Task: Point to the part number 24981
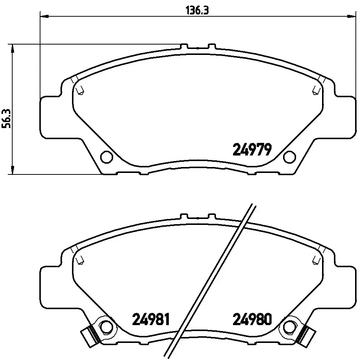click(x=151, y=319)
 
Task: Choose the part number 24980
click(x=252, y=319)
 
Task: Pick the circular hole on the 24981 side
click(x=107, y=327)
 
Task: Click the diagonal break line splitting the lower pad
click(x=211, y=278)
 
